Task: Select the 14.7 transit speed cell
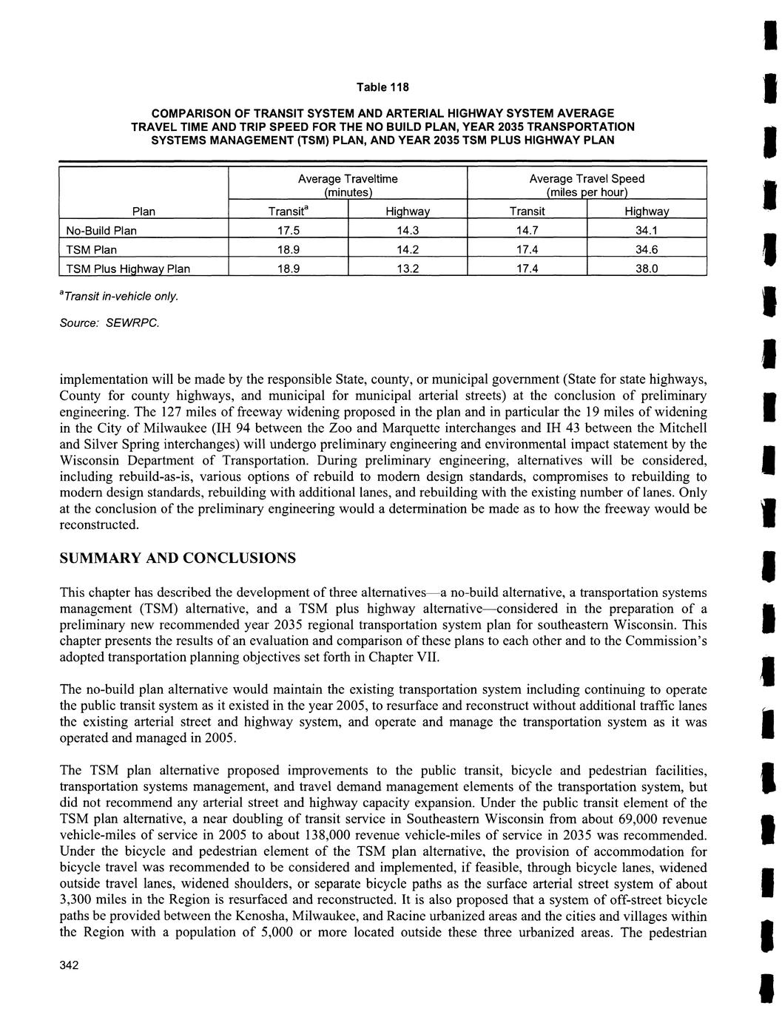(x=526, y=230)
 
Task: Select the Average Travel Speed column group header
(x=587, y=185)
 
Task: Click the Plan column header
(x=143, y=212)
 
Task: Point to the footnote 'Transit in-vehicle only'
(x=118, y=296)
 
